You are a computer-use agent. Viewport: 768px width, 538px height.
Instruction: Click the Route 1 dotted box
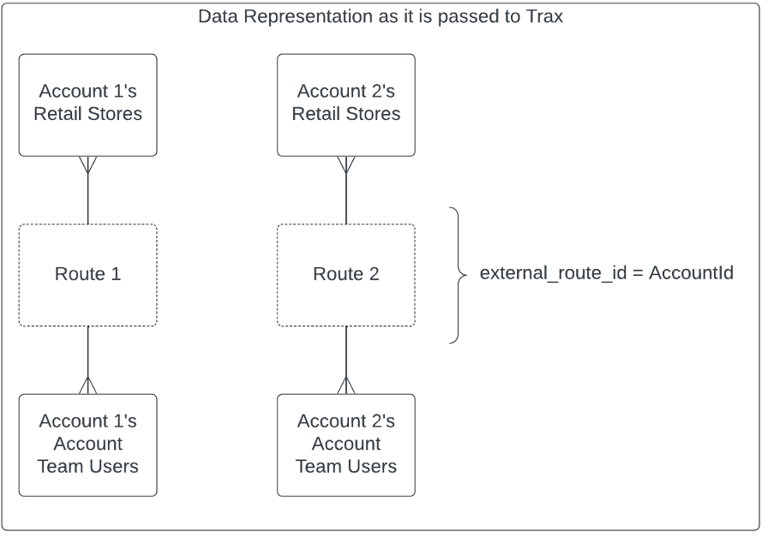pos(88,275)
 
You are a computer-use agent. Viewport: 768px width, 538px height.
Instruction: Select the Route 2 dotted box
pos(346,275)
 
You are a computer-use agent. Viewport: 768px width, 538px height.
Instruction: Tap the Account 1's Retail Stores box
pos(88,105)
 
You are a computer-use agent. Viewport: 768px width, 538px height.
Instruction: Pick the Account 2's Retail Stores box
pos(346,105)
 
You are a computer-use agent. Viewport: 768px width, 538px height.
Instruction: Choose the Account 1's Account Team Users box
pos(88,445)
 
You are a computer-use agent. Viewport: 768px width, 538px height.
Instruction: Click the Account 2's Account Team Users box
pos(346,445)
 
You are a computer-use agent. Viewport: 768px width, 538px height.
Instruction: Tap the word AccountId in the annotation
pos(691,275)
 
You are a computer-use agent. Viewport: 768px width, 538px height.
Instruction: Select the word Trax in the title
pos(545,16)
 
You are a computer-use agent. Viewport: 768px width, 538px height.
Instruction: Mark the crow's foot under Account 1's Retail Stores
pos(88,164)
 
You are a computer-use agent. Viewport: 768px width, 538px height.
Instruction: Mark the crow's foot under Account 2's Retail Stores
pos(346,164)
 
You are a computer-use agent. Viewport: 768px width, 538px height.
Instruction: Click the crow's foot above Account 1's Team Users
pos(88,386)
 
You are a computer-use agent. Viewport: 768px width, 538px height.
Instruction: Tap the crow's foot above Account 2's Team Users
pos(346,386)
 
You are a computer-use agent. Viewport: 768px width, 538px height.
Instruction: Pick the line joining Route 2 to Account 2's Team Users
pos(346,351)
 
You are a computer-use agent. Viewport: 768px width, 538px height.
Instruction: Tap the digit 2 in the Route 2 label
pos(374,275)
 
